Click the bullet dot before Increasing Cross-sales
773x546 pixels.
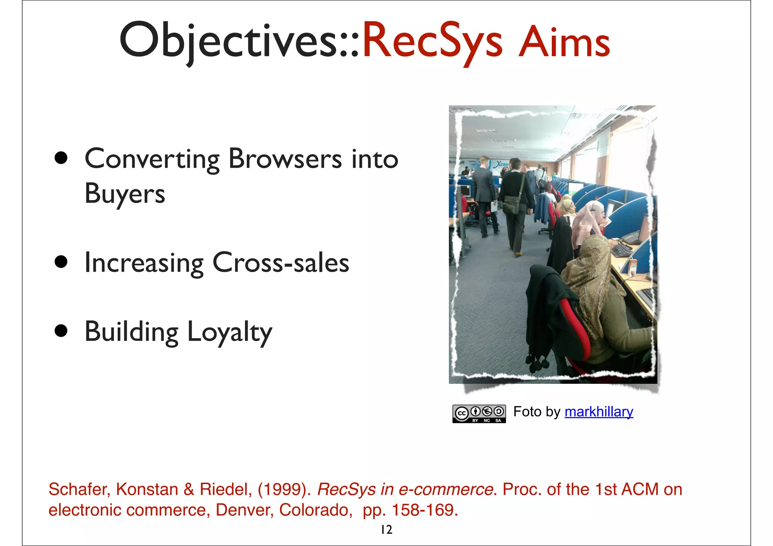(x=61, y=262)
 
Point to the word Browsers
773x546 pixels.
(x=285, y=159)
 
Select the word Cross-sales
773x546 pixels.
(x=281, y=263)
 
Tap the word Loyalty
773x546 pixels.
(x=229, y=332)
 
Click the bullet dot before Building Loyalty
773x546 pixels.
(x=61, y=331)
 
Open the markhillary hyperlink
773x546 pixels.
(x=599, y=412)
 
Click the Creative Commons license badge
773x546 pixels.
(x=479, y=414)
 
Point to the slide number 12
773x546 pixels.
(x=386, y=530)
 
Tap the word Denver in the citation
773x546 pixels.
(x=244, y=510)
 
